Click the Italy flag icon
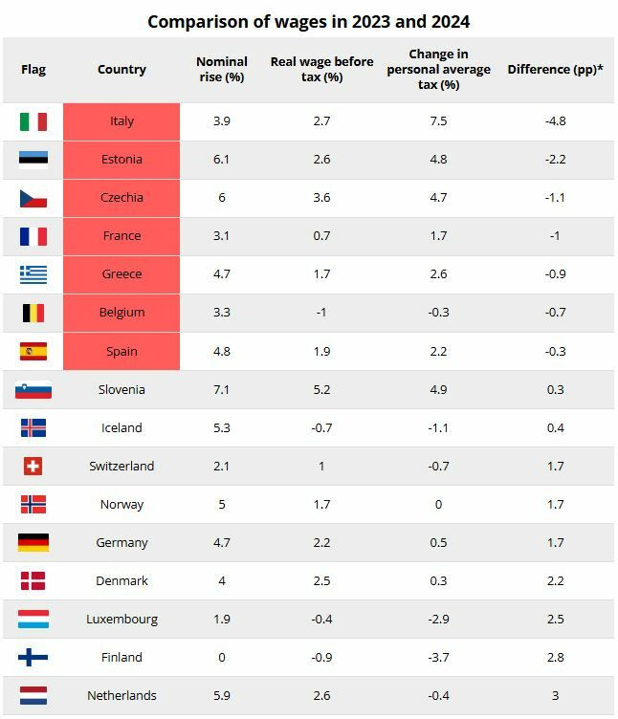(x=33, y=121)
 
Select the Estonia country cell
(x=121, y=160)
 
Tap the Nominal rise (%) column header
(x=221, y=69)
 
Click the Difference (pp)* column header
(x=555, y=69)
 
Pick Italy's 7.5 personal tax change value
(x=438, y=121)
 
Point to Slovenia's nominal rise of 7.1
(x=221, y=389)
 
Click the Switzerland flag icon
(x=33, y=466)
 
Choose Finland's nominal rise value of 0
(x=221, y=657)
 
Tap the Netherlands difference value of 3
(x=556, y=695)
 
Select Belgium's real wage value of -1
(x=321, y=313)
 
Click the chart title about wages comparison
(x=308, y=21)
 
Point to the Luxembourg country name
(x=121, y=619)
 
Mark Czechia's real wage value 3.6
(x=321, y=198)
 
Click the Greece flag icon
(x=33, y=274)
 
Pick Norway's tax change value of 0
(x=438, y=504)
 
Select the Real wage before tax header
(x=321, y=69)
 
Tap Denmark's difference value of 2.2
(x=556, y=580)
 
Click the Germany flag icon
(x=33, y=542)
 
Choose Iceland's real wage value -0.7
(x=321, y=427)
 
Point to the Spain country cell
(x=121, y=351)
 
